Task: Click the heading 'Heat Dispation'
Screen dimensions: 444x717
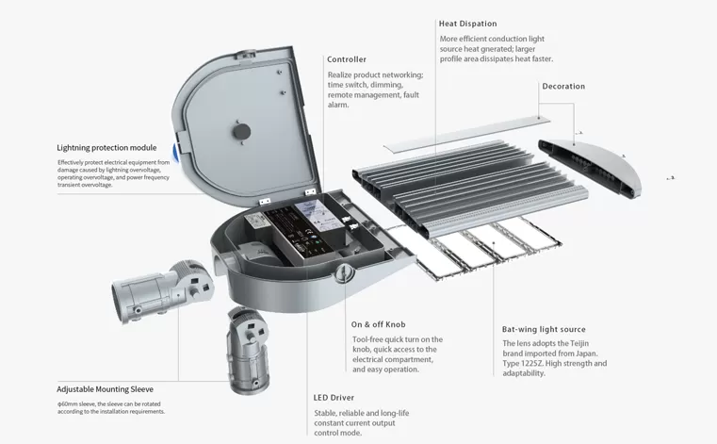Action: click(x=467, y=23)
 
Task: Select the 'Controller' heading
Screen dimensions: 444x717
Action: click(x=347, y=59)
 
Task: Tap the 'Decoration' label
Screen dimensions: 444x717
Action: click(x=563, y=87)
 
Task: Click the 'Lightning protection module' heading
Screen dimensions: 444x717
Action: click(x=106, y=148)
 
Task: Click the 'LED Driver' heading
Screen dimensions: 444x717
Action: click(x=334, y=398)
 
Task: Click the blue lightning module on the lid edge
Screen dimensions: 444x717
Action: click(x=175, y=151)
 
